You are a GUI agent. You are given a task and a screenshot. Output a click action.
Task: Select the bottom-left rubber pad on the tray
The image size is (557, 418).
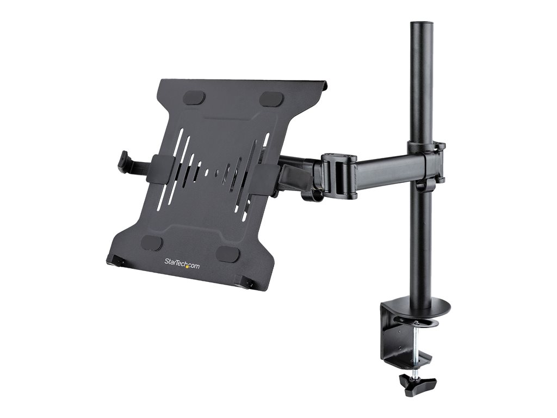tap(152, 244)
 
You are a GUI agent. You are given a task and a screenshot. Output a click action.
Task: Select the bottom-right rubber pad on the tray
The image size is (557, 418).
tap(227, 253)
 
